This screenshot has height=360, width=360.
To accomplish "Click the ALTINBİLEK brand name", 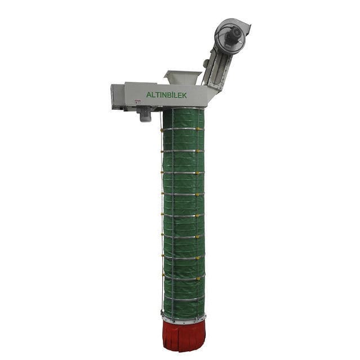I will [166, 95].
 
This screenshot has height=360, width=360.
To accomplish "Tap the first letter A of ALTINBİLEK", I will [149, 95].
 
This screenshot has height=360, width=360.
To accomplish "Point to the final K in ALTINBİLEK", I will [184, 95].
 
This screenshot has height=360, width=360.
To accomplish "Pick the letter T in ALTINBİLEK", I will [157, 95].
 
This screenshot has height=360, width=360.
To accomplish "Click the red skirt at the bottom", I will [184, 336].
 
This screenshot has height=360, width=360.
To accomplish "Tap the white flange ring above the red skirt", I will [183, 319].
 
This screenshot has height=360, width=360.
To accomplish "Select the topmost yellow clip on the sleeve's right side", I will [202, 130].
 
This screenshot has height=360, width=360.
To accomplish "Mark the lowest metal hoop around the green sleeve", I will [183, 300].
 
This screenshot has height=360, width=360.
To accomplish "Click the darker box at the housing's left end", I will [117, 96].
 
